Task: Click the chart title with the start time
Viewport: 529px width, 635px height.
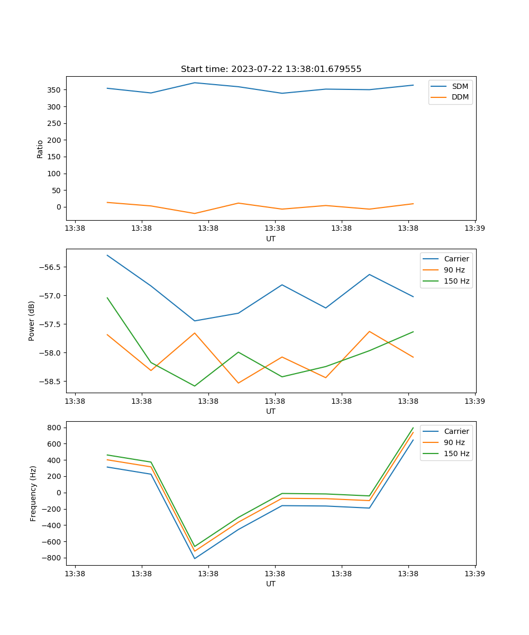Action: [271, 69]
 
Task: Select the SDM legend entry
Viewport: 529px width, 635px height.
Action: [459, 86]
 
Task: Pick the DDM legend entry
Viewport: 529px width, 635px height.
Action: [460, 97]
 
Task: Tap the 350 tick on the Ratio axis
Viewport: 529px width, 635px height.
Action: [55, 90]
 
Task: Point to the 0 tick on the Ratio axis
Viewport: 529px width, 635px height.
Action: [59, 207]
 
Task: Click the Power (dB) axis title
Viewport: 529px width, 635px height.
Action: [32, 321]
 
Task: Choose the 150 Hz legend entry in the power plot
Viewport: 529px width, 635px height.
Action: [456, 282]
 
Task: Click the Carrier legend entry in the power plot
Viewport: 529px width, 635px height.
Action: [456, 259]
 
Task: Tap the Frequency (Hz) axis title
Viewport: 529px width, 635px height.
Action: [33, 493]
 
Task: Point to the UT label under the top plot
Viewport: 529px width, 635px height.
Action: [271, 239]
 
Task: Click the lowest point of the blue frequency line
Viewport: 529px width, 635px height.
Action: [195, 558]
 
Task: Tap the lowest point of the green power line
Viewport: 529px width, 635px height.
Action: [195, 386]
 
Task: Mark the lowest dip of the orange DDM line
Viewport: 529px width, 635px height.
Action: [195, 213]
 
